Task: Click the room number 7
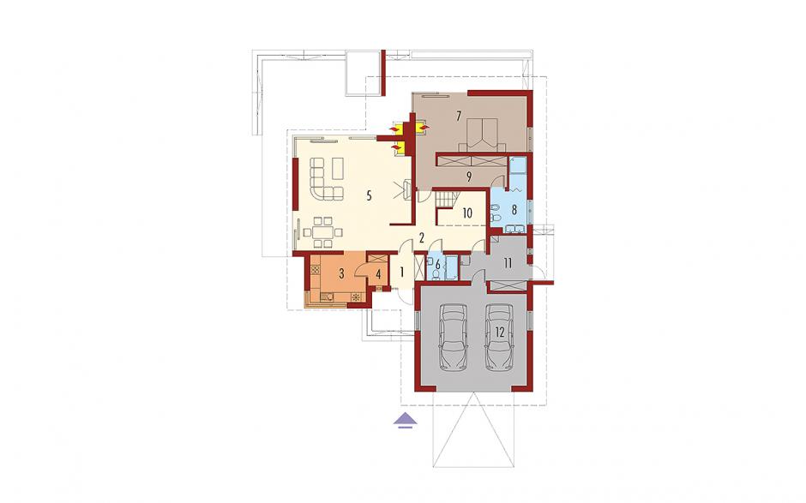coord(459,116)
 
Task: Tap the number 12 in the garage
coord(499,332)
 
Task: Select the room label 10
coord(467,213)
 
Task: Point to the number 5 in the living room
coord(369,195)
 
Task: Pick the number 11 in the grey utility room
coord(508,264)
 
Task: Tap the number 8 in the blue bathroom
coord(514,209)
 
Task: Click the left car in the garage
coord(454,337)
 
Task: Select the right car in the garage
coord(500,337)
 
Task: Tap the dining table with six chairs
coord(322,231)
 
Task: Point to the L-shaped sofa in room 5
coord(325,179)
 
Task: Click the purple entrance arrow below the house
coord(406,419)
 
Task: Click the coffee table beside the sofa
coord(338,168)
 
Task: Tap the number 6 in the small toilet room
coord(438,265)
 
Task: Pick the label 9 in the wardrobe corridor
coord(469,177)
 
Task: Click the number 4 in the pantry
coord(378,274)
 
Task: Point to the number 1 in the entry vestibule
coord(402,270)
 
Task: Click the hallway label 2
coord(422,237)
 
